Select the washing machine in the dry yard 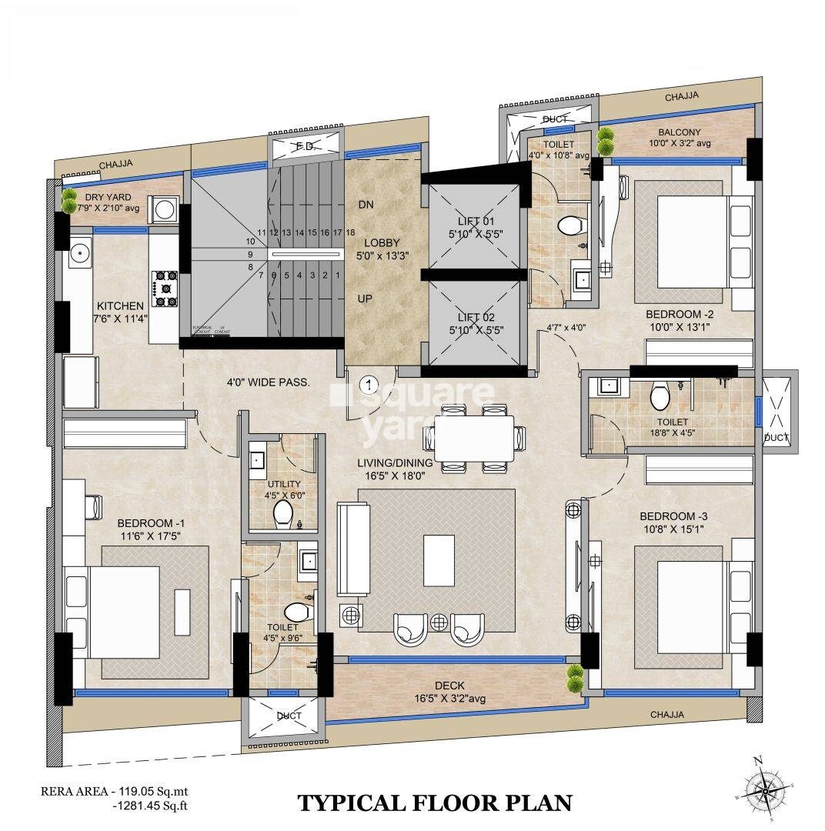[x=165, y=209]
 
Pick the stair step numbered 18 [x=350, y=232]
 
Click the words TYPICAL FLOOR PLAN [x=435, y=803]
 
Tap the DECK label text [x=449, y=686]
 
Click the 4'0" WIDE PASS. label [x=268, y=382]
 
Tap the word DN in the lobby [x=366, y=205]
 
